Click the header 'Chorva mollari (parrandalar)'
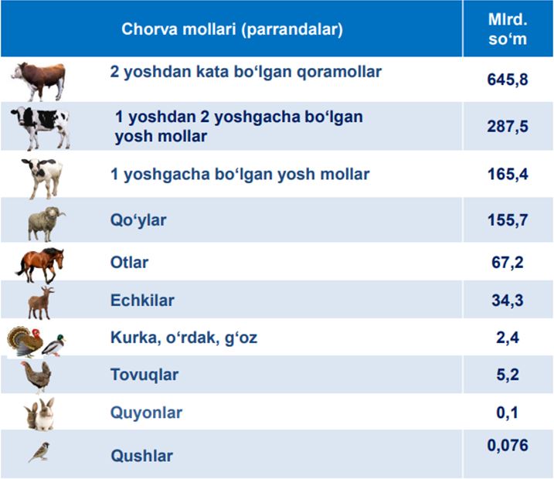[x=232, y=29]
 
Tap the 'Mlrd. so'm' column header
[x=508, y=29]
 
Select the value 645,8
[x=508, y=79]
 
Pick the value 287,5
[x=508, y=126]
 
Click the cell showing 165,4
[x=508, y=174]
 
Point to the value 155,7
[x=508, y=219]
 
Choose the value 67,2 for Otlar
[x=508, y=262]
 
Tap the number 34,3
[x=508, y=301]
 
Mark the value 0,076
[x=508, y=445]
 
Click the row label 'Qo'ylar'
[x=138, y=220]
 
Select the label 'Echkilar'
[x=142, y=301]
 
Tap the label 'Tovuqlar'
[x=144, y=375]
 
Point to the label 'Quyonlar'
[x=146, y=413]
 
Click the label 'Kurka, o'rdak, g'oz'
[x=184, y=338]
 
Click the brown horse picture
[x=40, y=266]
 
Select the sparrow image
[x=39, y=452]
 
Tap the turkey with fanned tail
[x=25, y=341]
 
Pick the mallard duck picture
[x=54, y=345]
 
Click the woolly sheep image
[x=46, y=223]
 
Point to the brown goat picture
[x=41, y=303]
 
